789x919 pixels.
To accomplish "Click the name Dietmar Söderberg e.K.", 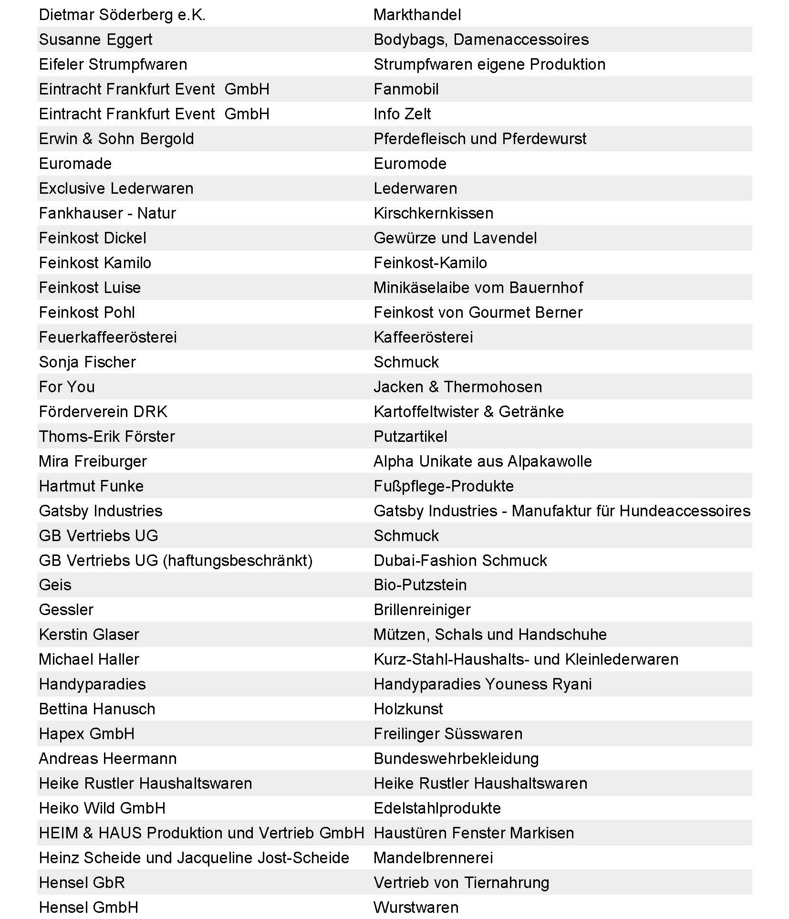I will click(122, 15).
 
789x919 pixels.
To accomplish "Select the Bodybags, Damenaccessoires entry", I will click(481, 40).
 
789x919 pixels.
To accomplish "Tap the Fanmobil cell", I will click(406, 89).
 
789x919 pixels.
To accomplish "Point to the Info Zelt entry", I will click(402, 114).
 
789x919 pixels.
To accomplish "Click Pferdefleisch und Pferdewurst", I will click(480, 139).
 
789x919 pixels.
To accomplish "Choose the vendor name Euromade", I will click(75, 164).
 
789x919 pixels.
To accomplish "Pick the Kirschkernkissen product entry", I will click(433, 213).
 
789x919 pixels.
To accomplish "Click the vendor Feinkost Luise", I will click(90, 288).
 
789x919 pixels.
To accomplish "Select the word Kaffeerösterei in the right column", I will click(423, 337).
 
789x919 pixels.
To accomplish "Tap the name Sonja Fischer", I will click(87, 362).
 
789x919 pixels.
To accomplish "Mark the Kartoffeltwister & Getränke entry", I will click(468, 412).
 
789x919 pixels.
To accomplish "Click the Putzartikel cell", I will click(410, 437).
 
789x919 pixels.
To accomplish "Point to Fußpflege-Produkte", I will click(444, 486).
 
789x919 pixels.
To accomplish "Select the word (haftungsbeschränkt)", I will click(238, 561).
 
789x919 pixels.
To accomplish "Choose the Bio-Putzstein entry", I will click(420, 585).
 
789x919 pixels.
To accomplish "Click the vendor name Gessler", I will click(66, 610).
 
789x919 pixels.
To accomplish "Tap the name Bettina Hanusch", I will click(97, 709).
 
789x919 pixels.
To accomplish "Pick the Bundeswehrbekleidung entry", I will click(456, 759).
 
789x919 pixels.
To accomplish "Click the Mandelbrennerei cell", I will click(433, 858).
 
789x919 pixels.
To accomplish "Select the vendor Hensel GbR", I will click(82, 883).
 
